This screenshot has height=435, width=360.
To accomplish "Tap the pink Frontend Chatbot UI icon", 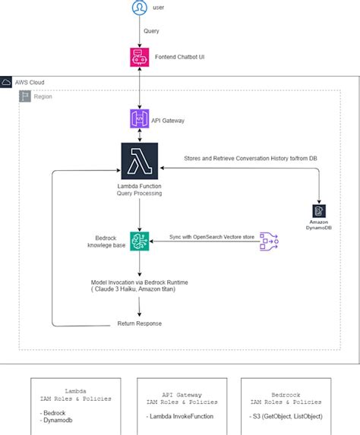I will tap(140, 56).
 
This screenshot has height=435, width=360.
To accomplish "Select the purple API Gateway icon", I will tap(140, 119).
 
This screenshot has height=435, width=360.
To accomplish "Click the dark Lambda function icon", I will tap(140, 160).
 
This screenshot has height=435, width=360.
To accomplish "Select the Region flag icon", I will tap(27, 96).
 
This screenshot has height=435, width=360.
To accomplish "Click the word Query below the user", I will tap(151, 33).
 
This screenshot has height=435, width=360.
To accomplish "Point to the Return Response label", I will tap(140, 324).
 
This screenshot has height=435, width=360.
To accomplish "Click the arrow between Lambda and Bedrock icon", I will tap(140, 214).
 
